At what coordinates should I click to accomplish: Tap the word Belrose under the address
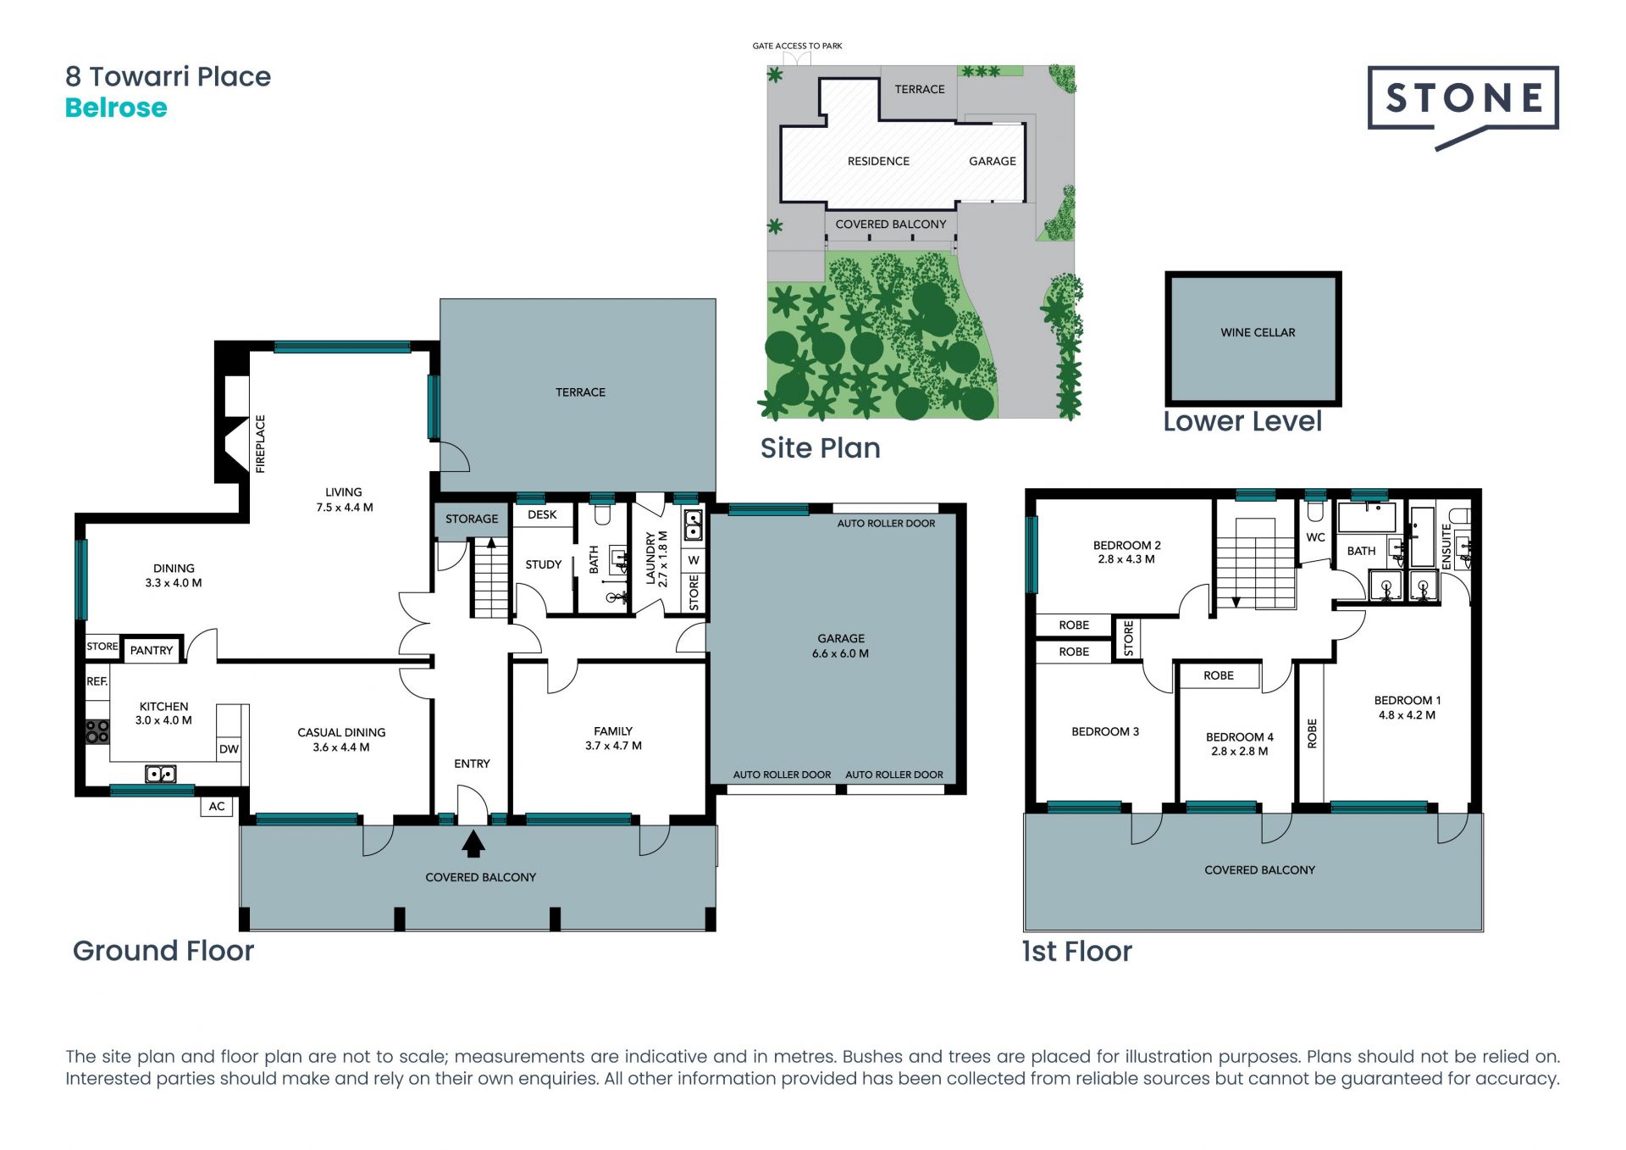coord(116,108)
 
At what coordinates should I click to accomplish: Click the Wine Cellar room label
coord(1258,332)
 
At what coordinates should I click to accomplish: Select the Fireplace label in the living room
coord(260,443)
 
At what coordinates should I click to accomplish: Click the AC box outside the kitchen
coord(217,806)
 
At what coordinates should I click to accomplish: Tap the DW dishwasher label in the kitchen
coord(229,749)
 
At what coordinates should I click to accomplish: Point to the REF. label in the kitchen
coord(97,681)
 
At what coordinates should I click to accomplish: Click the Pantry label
coord(152,650)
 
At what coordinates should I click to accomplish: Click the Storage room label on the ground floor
coord(472,519)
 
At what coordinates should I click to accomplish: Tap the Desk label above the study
coord(542,514)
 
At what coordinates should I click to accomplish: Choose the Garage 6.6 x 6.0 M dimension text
coord(840,653)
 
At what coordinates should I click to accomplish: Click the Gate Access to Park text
coord(797,46)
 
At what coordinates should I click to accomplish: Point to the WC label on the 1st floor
coord(1315,537)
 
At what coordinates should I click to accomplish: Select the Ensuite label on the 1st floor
coord(1446,547)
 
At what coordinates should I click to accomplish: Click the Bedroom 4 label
coord(1240,737)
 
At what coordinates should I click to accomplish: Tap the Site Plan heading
coord(820,447)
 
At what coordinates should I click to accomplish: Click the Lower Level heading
coord(1242,421)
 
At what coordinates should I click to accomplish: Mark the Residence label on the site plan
coord(878,161)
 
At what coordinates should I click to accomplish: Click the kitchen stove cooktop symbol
coord(97,731)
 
